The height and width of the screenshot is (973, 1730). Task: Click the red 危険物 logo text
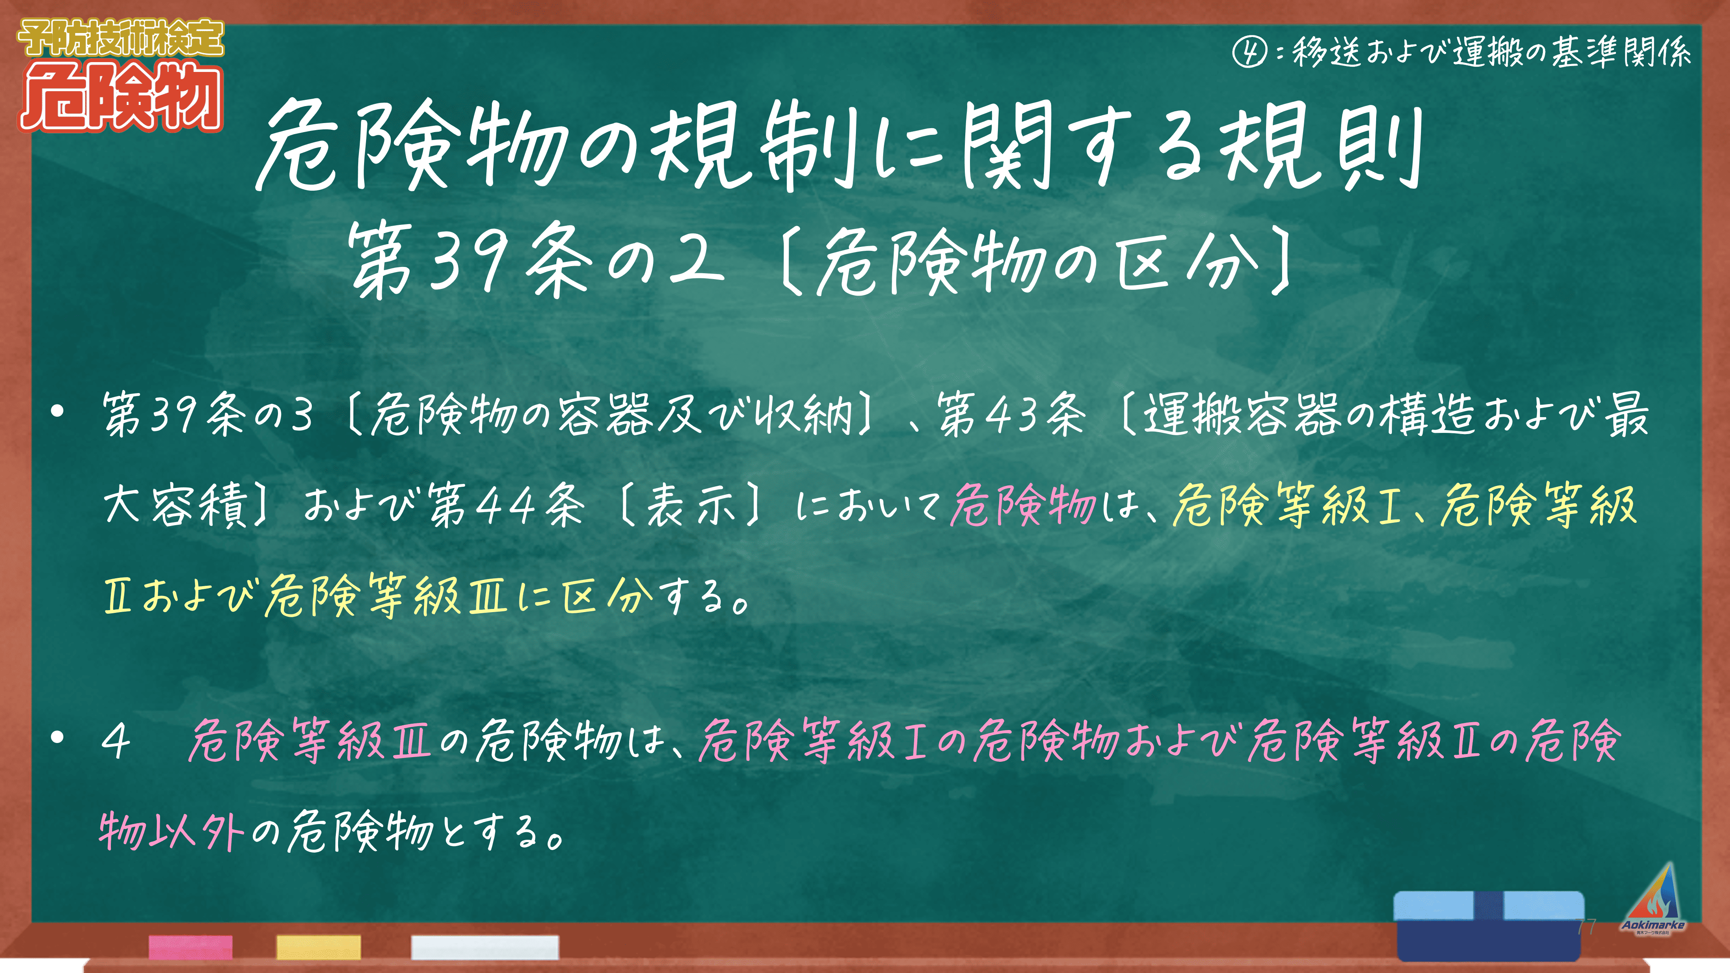coord(121,96)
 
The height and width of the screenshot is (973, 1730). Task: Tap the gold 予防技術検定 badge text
coord(121,38)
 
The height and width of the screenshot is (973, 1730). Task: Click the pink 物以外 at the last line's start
coord(172,833)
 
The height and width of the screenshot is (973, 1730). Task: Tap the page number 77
coord(1586,927)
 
